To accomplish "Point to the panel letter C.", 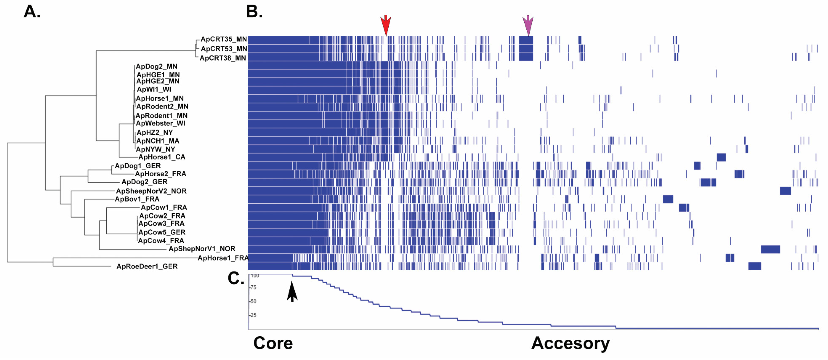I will click(x=236, y=278).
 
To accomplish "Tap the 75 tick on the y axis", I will click(x=253, y=287).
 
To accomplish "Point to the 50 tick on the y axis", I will click(x=253, y=301).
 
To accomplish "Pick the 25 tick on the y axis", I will click(x=253, y=315).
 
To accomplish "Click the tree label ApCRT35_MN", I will click(x=224, y=39).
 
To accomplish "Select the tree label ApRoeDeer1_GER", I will click(x=147, y=266).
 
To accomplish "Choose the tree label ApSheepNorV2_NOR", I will click(x=151, y=191).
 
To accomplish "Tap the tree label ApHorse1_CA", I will click(x=162, y=157).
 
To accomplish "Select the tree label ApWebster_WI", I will click(x=160, y=123).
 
